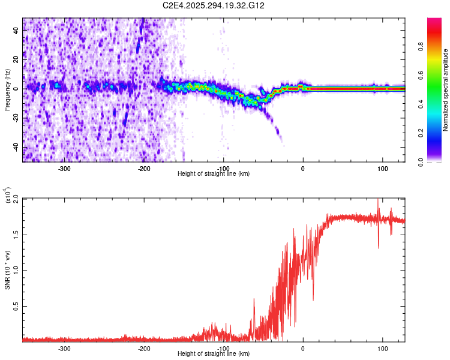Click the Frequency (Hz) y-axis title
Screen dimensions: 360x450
pyautogui.click(x=7, y=90)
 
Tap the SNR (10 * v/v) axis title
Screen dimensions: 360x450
pyautogui.click(x=7, y=270)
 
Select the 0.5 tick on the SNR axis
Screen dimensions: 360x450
pyautogui.click(x=16, y=305)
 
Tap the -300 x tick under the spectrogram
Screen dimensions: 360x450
pyautogui.click(x=64, y=168)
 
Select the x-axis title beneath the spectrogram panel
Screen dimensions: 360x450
pyautogui.click(x=214, y=174)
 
